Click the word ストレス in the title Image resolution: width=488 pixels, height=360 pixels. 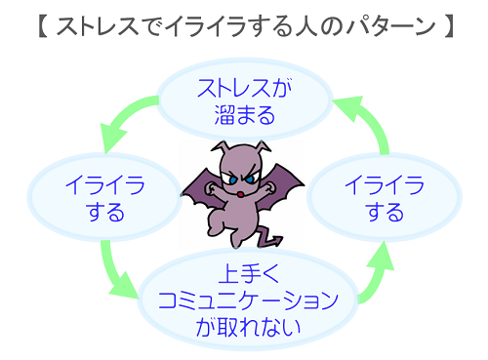(x=97, y=26)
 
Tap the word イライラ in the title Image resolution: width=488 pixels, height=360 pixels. (x=207, y=26)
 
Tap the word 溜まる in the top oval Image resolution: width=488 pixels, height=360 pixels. (x=244, y=116)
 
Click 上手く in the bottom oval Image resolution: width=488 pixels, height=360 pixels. (x=245, y=273)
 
